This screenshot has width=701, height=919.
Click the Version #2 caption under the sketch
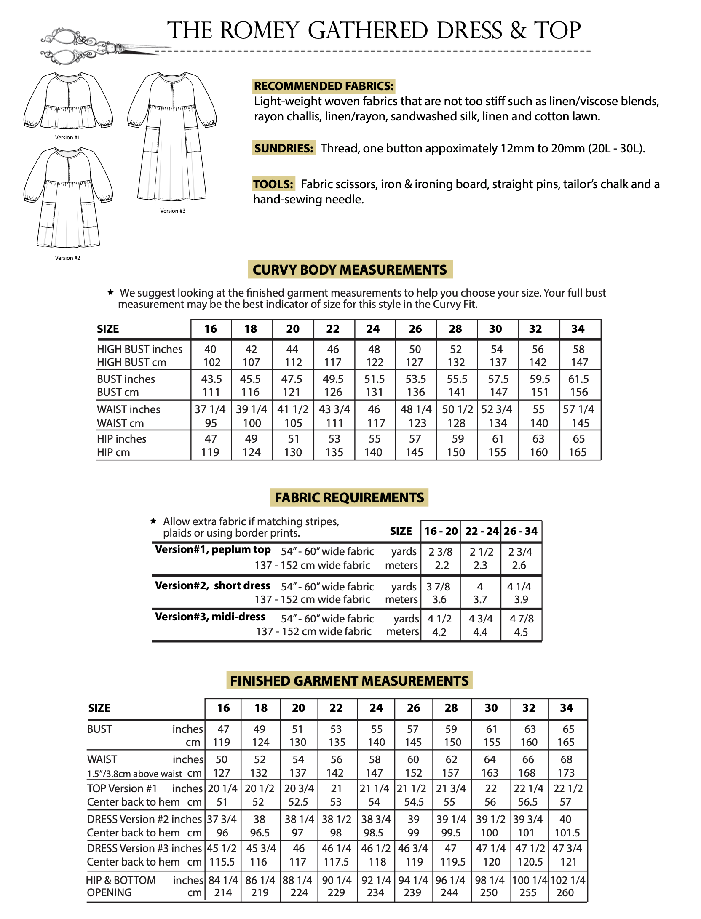pyautogui.click(x=67, y=258)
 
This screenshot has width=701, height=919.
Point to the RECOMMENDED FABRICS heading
pyautogui.click(x=324, y=86)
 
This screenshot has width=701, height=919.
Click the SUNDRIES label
pyautogui.click(x=284, y=148)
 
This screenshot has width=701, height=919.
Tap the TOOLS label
pyautogui.click(x=273, y=184)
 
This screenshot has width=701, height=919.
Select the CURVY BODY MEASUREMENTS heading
pyautogui.click(x=350, y=270)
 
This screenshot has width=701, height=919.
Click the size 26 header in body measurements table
pyautogui.click(x=415, y=329)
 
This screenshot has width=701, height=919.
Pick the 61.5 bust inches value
pyautogui.click(x=578, y=379)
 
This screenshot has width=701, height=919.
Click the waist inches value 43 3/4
pyautogui.click(x=334, y=409)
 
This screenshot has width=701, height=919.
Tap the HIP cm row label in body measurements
pyautogui.click(x=113, y=452)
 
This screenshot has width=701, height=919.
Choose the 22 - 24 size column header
pyautogui.click(x=481, y=531)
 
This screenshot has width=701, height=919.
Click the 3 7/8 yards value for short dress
pyautogui.click(x=438, y=587)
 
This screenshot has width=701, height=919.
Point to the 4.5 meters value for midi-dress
pyautogui.click(x=521, y=632)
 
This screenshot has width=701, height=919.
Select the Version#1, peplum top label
pyautogui.click(x=213, y=550)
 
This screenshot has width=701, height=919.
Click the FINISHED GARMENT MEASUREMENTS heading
pyautogui.click(x=349, y=681)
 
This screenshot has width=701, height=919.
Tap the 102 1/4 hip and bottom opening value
pyautogui.click(x=567, y=880)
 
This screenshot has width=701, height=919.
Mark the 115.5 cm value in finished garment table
pyautogui.click(x=222, y=862)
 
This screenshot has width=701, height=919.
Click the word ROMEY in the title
pyautogui.click(x=260, y=31)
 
